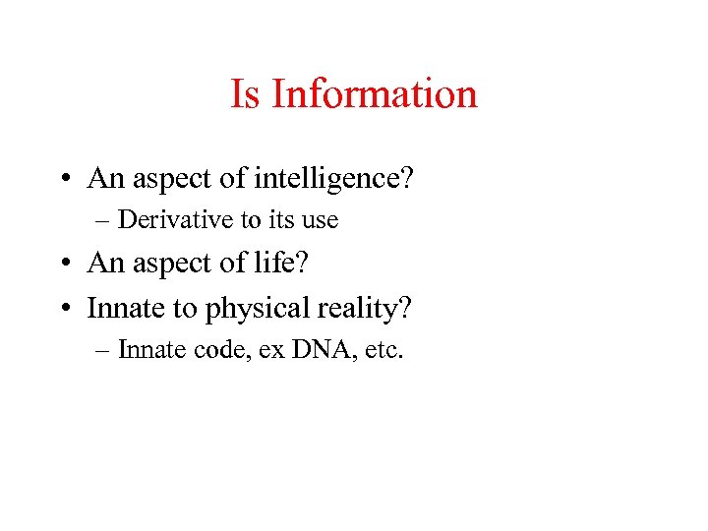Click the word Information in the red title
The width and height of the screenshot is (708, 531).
click(x=374, y=94)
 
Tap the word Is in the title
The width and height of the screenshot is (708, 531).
click(x=246, y=94)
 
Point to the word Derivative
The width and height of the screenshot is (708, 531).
click(x=167, y=219)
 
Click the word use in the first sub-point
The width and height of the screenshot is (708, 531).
click(x=320, y=220)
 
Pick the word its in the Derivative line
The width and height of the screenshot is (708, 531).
click(x=280, y=219)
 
